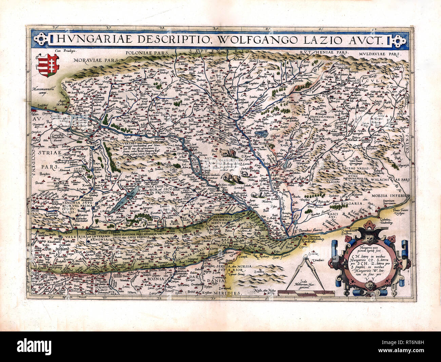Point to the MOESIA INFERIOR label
pos(390,196)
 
